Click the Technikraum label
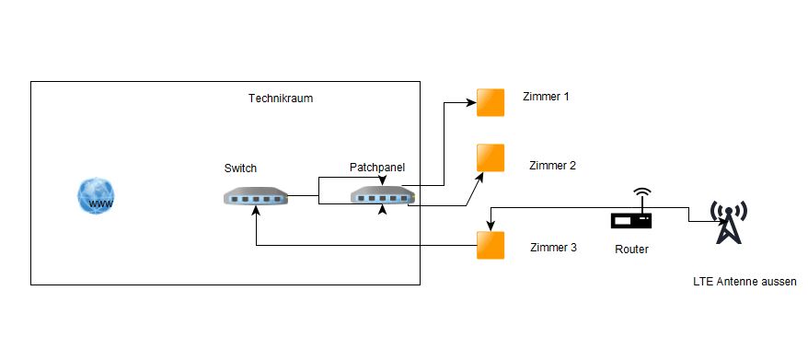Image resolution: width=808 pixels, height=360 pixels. click(281, 98)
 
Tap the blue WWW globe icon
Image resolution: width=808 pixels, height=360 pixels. click(97, 196)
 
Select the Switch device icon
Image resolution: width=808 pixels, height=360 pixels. click(256, 195)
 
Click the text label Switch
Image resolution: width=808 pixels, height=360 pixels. click(240, 168)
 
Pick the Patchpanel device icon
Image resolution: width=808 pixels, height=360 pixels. click(383, 195)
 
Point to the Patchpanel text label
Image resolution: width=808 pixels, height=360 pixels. click(377, 167)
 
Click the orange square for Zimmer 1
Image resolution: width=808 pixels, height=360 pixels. click(491, 102)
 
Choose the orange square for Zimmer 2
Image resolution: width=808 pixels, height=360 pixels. click(491, 157)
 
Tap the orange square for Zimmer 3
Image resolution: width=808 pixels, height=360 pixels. click(491, 245)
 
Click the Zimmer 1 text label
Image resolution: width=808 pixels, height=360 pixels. click(546, 96)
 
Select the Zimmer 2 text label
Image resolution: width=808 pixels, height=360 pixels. click(552, 166)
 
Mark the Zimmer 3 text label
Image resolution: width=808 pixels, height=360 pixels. click(553, 247)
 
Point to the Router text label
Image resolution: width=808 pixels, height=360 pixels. click(631, 250)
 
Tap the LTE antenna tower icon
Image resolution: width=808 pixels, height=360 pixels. click(729, 222)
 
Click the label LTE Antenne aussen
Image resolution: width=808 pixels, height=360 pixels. click(745, 282)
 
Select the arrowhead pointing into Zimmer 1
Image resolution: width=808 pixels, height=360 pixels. click(471, 102)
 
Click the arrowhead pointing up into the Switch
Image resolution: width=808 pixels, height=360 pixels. click(256, 210)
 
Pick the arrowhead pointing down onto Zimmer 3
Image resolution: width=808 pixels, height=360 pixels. click(491, 226)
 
